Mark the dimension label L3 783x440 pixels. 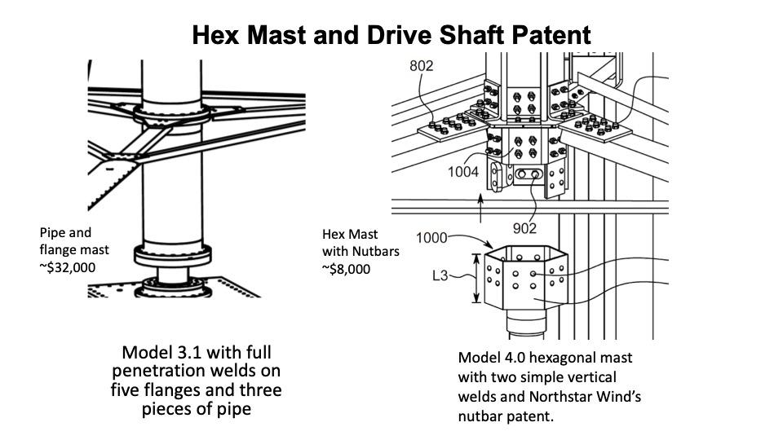(x=442, y=277)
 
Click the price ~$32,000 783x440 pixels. (x=73, y=265)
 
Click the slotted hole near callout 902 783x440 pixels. (x=527, y=175)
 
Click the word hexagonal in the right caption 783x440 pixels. (x=576, y=358)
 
